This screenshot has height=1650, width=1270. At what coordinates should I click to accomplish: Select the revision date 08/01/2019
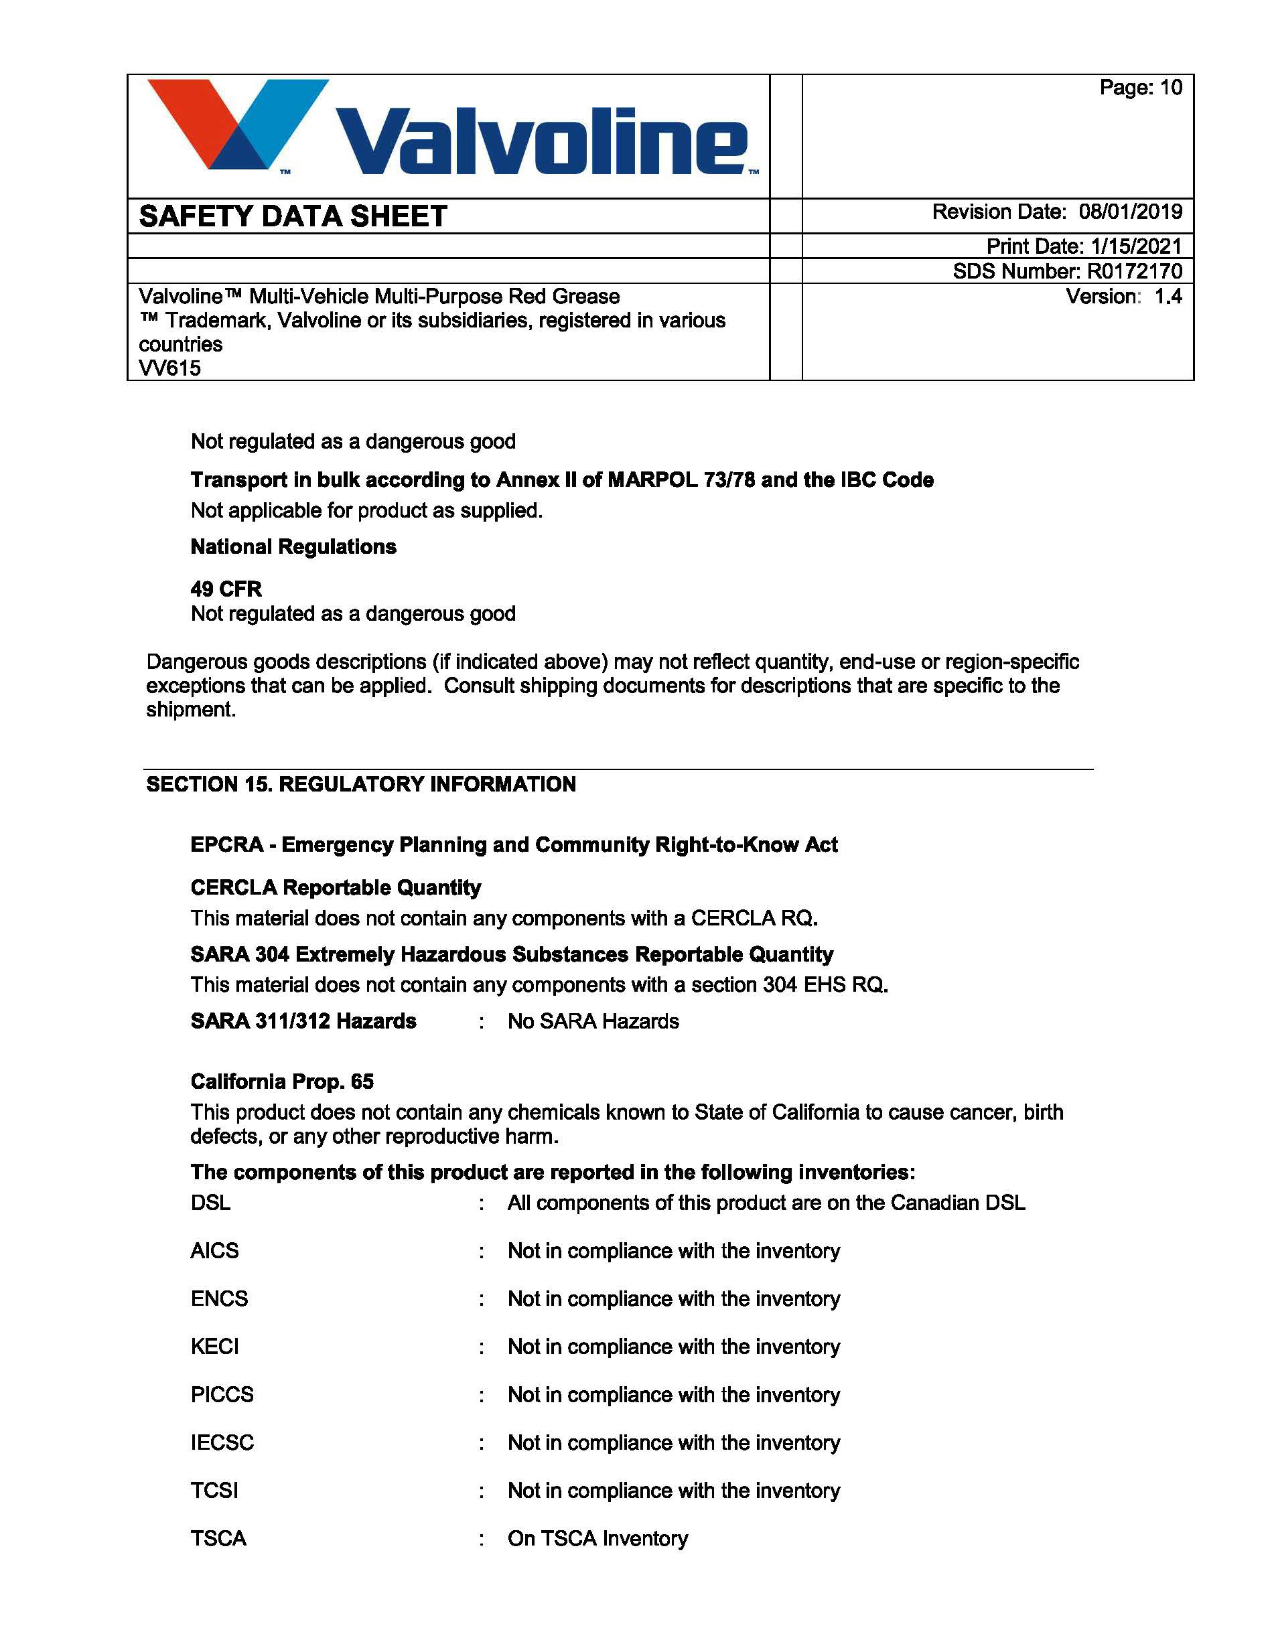click(1129, 212)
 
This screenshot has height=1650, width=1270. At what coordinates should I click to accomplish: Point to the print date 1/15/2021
click(1135, 246)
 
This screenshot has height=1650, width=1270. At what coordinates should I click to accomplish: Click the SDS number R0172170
click(1134, 271)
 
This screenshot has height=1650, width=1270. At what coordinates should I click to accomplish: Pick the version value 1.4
click(1168, 296)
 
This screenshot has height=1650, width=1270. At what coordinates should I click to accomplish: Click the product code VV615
click(170, 368)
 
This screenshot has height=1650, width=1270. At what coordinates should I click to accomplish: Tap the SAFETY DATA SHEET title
click(293, 217)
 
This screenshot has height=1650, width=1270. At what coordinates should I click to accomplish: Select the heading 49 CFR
click(226, 589)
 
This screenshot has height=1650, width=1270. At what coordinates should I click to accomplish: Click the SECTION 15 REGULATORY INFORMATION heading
click(360, 784)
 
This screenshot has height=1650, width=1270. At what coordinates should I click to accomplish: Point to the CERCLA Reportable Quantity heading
click(336, 887)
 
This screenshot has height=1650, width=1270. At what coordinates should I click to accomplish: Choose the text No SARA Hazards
click(593, 1021)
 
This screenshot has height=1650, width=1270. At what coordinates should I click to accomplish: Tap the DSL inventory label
click(210, 1202)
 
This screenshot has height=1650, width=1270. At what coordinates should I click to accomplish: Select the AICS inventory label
click(214, 1250)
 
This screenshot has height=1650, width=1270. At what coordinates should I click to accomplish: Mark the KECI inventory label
click(214, 1346)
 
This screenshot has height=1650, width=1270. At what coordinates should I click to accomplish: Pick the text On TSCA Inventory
click(597, 1538)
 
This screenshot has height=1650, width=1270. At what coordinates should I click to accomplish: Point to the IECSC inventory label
click(222, 1442)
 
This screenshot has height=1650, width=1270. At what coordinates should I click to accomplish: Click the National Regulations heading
click(293, 546)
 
